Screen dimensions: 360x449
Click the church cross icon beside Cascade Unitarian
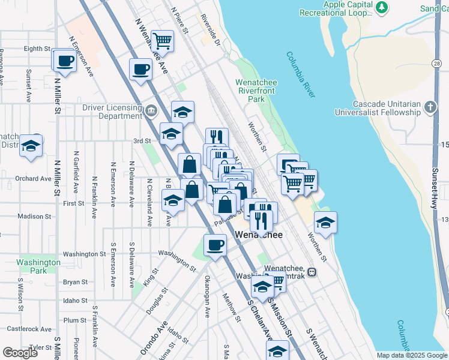(430, 107)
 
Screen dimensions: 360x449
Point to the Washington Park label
(38, 266)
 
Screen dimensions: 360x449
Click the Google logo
(20, 352)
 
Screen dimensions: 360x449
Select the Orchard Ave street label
(34, 178)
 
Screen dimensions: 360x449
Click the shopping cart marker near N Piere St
(162, 41)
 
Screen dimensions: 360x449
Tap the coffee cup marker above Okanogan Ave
(215, 245)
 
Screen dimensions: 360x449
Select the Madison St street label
(35, 217)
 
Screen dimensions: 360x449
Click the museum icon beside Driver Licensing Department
(150, 110)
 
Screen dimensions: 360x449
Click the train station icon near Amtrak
(311, 272)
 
